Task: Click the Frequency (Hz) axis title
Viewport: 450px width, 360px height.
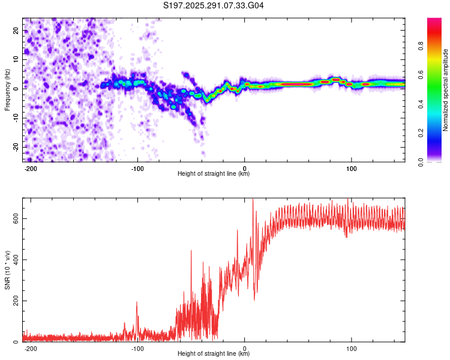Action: pyautogui.click(x=7, y=90)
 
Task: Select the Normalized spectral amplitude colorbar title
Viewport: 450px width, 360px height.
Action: pyautogui.click(x=445, y=90)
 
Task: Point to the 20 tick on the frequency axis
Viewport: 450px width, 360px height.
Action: pyautogui.click(x=16, y=30)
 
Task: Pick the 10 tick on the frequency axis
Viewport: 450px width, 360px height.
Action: pyautogui.click(x=16, y=59)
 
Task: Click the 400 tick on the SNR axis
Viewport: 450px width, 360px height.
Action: pyautogui.click(x=14, y=260)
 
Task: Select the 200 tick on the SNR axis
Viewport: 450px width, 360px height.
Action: pyautogui.click(x=14, y=301)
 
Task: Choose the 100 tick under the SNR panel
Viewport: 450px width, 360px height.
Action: pyautogui.click(x=352, y=348)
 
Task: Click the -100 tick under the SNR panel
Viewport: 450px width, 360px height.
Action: pyautogui.click(x=137, y=348)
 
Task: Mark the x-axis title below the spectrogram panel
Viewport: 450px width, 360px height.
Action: pyautogui.click(x=214, y=174)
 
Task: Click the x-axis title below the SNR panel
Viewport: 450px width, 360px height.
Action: pyautogui.click(x=214, y=354)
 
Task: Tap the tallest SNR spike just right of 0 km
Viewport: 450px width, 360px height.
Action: pyautogui.click(x=253, y=200)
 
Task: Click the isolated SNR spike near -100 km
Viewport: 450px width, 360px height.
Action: pyautogui.click(x=137, y=302)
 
